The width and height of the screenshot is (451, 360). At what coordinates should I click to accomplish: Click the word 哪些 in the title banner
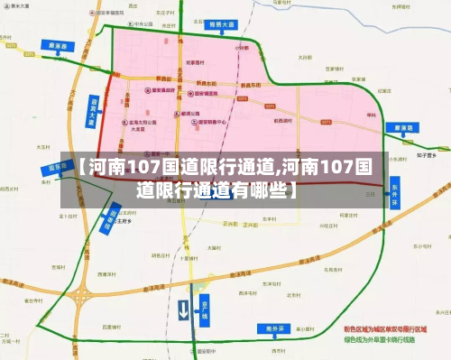[x=265, y=189]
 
